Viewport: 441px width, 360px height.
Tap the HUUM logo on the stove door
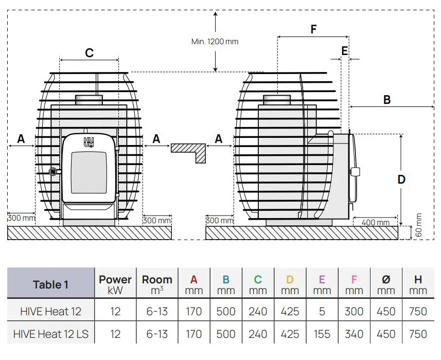click(89, 142)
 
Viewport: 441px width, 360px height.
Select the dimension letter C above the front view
click(89, 53)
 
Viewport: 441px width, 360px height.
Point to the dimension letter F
click(313, 29)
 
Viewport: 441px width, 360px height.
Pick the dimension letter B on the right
click(387, 100)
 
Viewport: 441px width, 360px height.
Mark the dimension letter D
click(401, 179)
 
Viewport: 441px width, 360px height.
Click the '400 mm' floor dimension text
click(375, 222)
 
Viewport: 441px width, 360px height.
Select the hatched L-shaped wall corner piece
click(188, 150)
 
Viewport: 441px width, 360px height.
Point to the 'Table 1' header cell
click(50, 284)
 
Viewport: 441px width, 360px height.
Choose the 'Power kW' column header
click(115, 284)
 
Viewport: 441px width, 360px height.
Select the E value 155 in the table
click(322, 334)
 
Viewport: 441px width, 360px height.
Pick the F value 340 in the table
click(354, 334)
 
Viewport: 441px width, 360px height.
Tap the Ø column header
click(386, 284)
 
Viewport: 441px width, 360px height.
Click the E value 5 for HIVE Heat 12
click(322, 311)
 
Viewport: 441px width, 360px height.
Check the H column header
click(418, 284)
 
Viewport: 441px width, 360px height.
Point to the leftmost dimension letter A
click(21, 138)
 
